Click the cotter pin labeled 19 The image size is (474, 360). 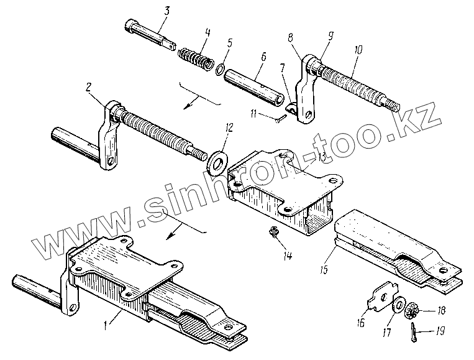tap(414, 331)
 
